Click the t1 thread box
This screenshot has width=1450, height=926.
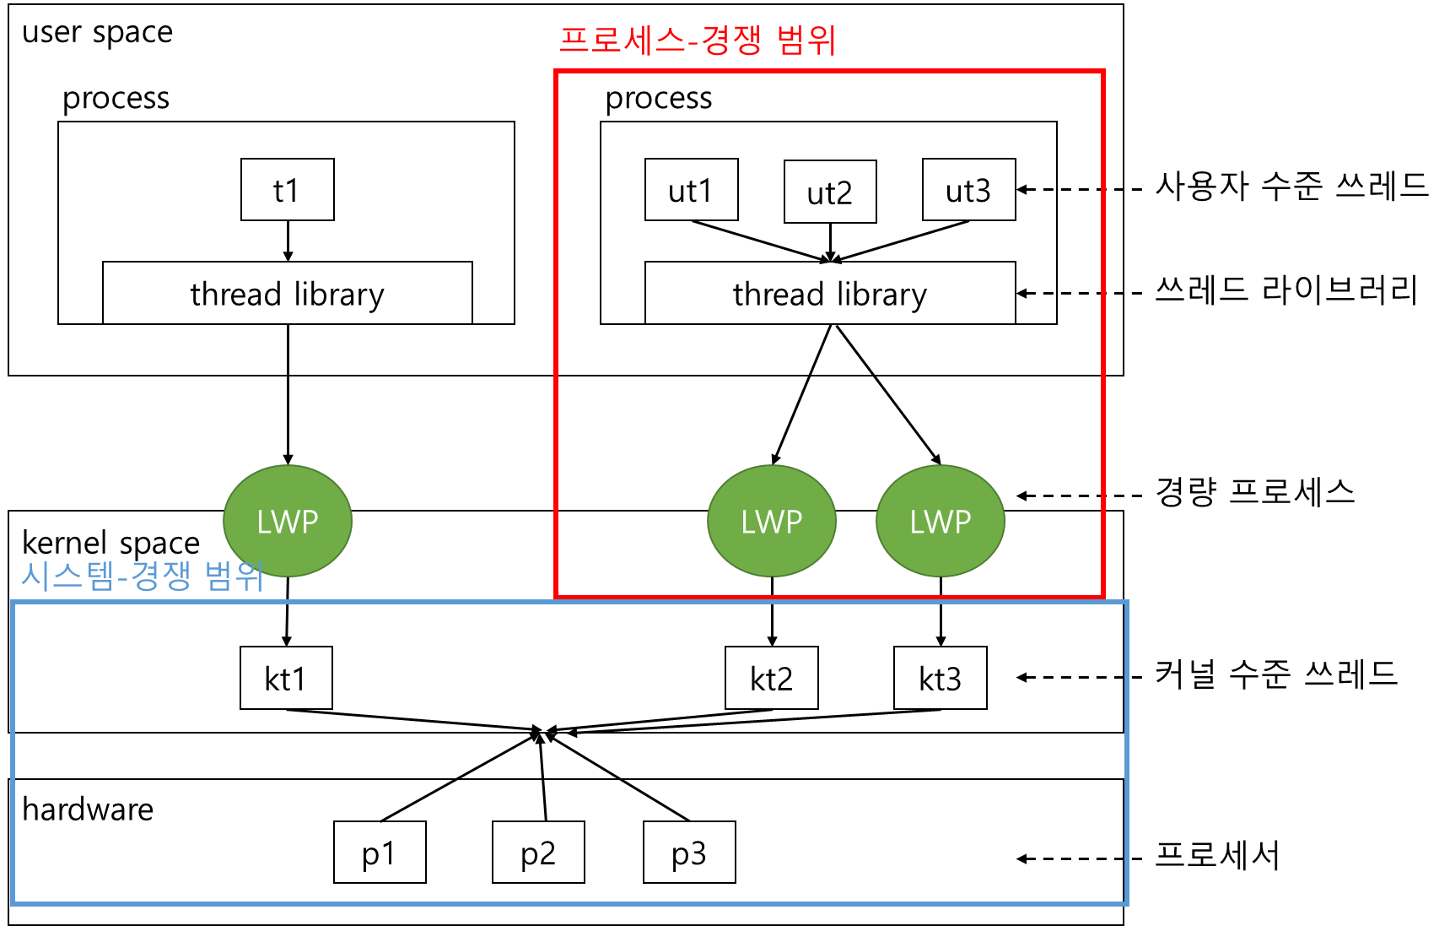(x=287, y=190)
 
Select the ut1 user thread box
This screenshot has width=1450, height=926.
(x=691, y=190)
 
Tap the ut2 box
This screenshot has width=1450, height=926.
(x=830, y=192)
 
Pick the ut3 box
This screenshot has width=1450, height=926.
(x=968, y=190)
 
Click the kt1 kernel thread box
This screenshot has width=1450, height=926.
(x=286, y=678)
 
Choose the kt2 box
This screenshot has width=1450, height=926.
(x=771, y=678)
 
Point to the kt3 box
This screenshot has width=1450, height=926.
(x=940, y=678)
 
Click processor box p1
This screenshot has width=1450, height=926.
(x=380, y=853)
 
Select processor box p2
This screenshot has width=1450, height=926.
(x=538, y=853)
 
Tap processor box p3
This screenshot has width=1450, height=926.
(x=689, y=853)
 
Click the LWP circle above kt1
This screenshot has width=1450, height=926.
(x=288, y=521)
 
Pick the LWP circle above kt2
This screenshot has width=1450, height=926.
(x=772, y=521)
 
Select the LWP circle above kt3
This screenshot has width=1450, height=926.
(x=941, y=521)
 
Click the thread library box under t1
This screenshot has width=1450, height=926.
(x=287, y=293)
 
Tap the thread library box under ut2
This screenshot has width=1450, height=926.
(x=830, y=293)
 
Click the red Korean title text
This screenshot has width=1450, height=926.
(x=698, y=40)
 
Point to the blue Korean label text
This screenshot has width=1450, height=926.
(x=142, y=577)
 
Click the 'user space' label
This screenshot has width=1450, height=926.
(x=97, y=32)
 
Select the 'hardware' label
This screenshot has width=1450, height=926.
(x=88, y=810)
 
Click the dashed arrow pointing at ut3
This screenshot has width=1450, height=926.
(x=1070, y=189)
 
